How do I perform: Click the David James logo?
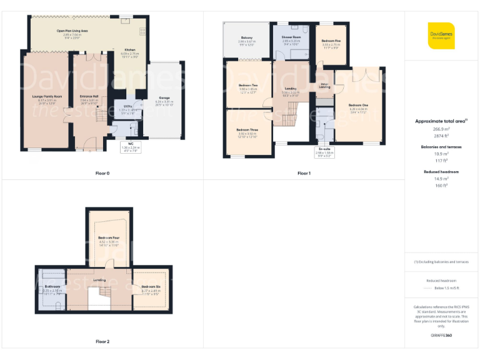[x=441, y=36]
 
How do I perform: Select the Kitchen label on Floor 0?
[x=129, y=49]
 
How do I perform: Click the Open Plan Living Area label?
[x=72, y=30]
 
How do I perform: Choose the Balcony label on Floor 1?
[x=247, y=38]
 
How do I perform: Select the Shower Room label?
[x=292, y=38]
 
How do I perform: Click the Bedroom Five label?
[x=331, y=41]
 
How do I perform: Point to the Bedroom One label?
[x=358, y=105]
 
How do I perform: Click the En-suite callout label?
[x=324, y=151]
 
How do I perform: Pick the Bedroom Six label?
[x=151, y=287]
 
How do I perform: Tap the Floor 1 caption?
[x=304, y=173]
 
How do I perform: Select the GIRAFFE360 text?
[x=441, y=336]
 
